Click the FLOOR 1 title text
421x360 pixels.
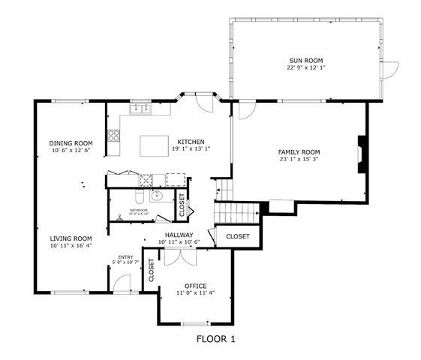(215, 339)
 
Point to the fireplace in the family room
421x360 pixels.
(362, 154)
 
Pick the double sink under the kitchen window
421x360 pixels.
(140, 109)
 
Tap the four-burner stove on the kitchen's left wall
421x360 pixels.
(115, 136)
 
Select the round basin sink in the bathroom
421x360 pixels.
(157, 196)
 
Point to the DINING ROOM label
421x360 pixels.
(71, 143)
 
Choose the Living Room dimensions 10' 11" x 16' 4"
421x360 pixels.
(71, 246)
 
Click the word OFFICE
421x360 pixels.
(195, 286)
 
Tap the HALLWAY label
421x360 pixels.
(179, 235)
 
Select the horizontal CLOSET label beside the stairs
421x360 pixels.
(237, 236)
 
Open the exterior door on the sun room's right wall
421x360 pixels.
(387, 70)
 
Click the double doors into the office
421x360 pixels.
(179, 256)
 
